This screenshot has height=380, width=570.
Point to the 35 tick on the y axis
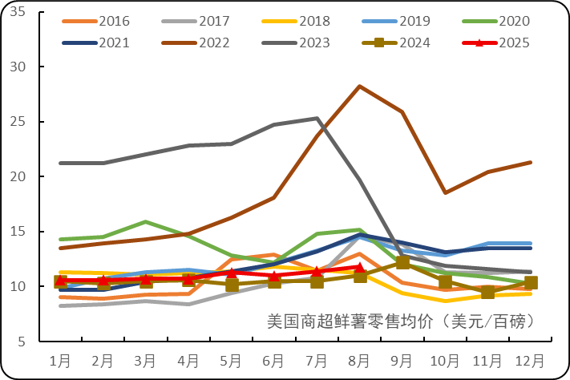tap(20, 13)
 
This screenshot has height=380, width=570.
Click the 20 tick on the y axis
tap(20, 177)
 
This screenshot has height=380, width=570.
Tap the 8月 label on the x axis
tap(359, 360)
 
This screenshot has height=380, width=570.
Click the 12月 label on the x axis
tap(530, 360)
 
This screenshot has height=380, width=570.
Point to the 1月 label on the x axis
tap(60, 360)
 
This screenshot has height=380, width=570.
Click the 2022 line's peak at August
tap(359, 86)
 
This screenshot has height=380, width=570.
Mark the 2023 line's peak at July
tap(317, 119)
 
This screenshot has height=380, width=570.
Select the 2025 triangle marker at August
tap(359, 266)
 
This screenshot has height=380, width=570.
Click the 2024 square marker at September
tap(402, 262)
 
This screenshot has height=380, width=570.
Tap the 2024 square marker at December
tap(530, 282)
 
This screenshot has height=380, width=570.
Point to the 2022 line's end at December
tap(530, 163)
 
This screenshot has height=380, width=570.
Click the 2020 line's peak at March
tap(146, 221)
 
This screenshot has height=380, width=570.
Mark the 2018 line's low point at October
tap(445, 301)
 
